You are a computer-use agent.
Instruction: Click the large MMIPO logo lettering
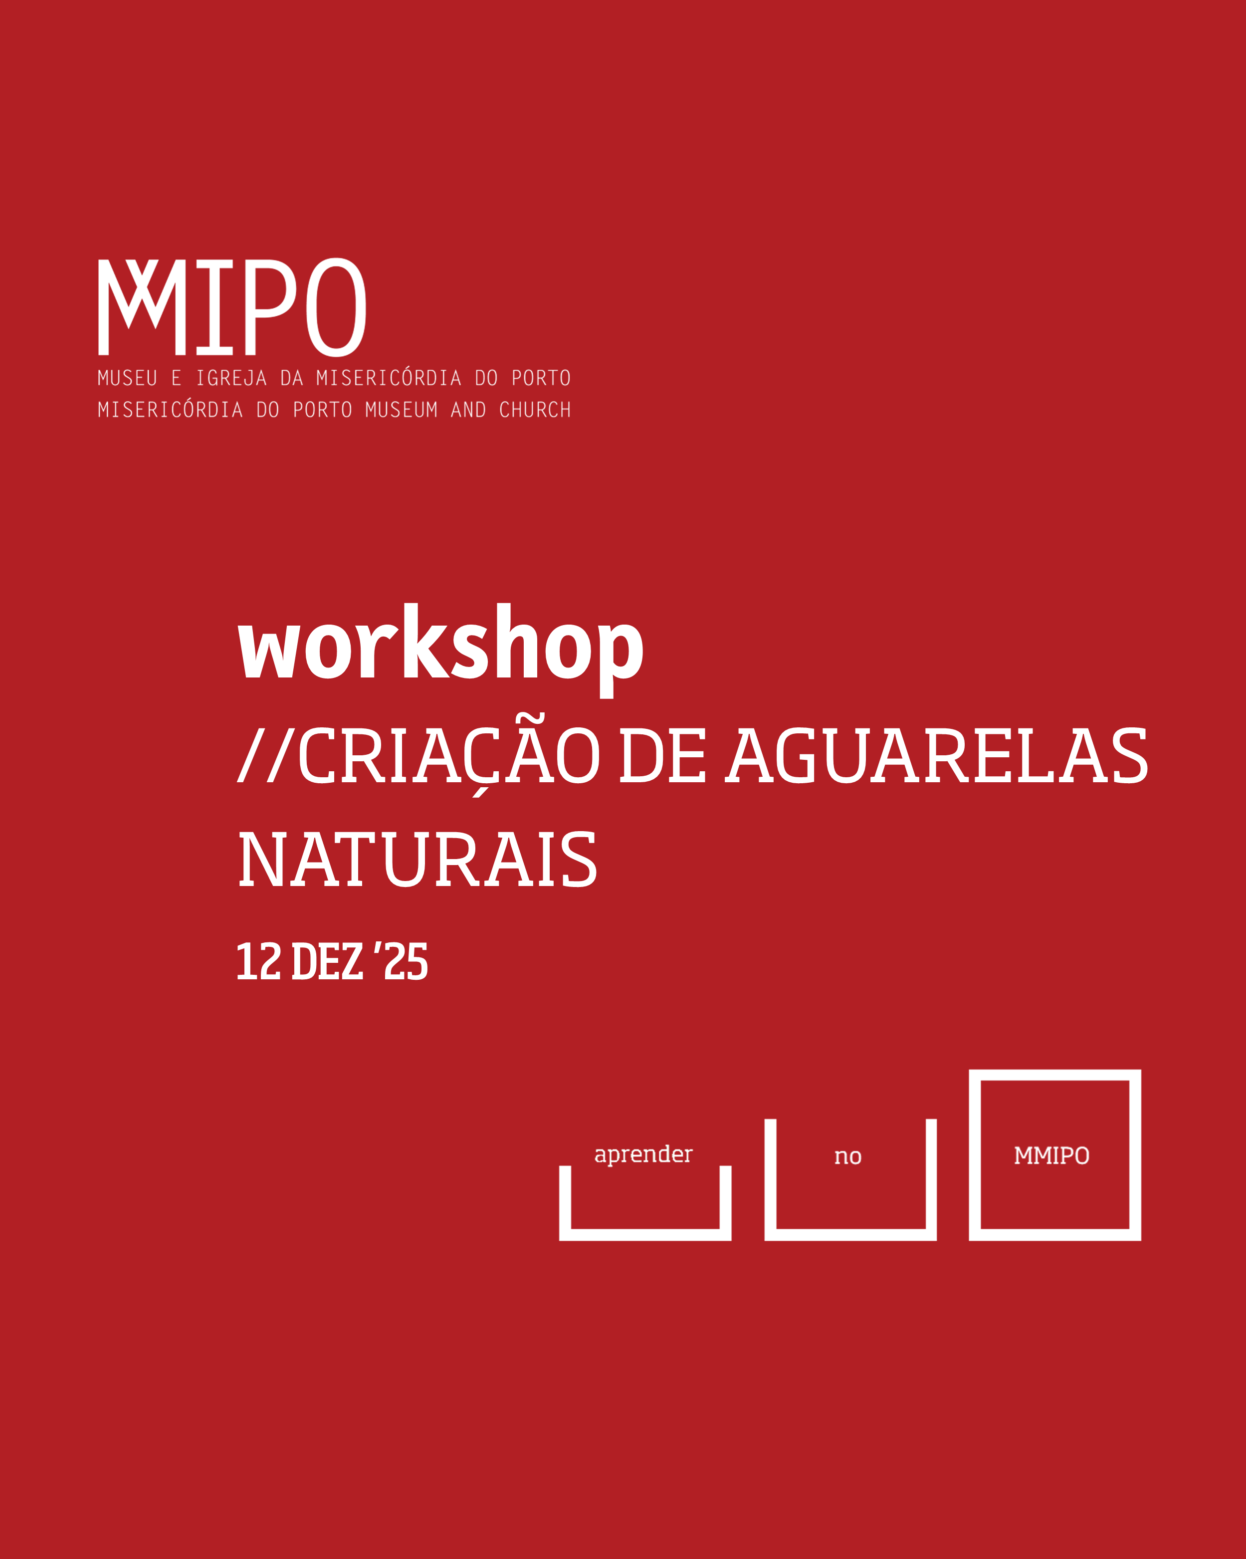[232, 307]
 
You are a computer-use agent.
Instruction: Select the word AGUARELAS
[937, 756]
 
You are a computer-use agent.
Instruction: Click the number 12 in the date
[258, 962]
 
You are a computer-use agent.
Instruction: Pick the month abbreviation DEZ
[327, 962]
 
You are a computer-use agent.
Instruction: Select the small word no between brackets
[847, 1156]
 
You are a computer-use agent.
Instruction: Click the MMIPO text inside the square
[1051, 1155]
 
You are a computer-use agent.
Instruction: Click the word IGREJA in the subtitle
[231, 378]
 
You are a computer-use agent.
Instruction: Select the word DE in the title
[662, 756]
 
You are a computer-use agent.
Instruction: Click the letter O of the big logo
[336, 307]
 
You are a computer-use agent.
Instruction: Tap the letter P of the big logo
[272, 308]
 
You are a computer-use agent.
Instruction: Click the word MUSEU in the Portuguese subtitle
[127, 378]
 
